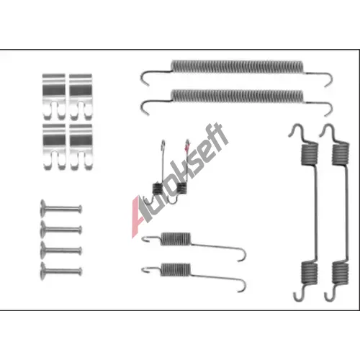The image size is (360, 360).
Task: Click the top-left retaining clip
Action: (54, 96)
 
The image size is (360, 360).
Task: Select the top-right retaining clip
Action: (81, 96)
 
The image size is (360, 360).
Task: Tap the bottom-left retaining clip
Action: (54, 146)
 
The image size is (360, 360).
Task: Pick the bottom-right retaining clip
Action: (81, 146)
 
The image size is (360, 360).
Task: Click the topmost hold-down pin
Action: (61, 209)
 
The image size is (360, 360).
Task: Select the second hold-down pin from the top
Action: (61, 230)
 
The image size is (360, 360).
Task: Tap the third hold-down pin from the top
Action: (61, 251)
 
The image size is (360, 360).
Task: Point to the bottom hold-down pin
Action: (61, 271)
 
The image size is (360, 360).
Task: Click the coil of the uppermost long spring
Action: (237, 66)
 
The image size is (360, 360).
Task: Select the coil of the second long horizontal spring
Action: (237, 96)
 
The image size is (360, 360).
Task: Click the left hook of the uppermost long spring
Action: (145, 78)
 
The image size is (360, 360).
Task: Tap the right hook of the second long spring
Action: (329, 109)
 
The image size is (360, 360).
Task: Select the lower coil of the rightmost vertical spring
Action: (341, 272)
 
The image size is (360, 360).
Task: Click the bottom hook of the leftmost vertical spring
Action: (299, 294)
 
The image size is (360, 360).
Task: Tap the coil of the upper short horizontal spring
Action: (176, 239)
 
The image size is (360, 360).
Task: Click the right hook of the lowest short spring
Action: (241, 285)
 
